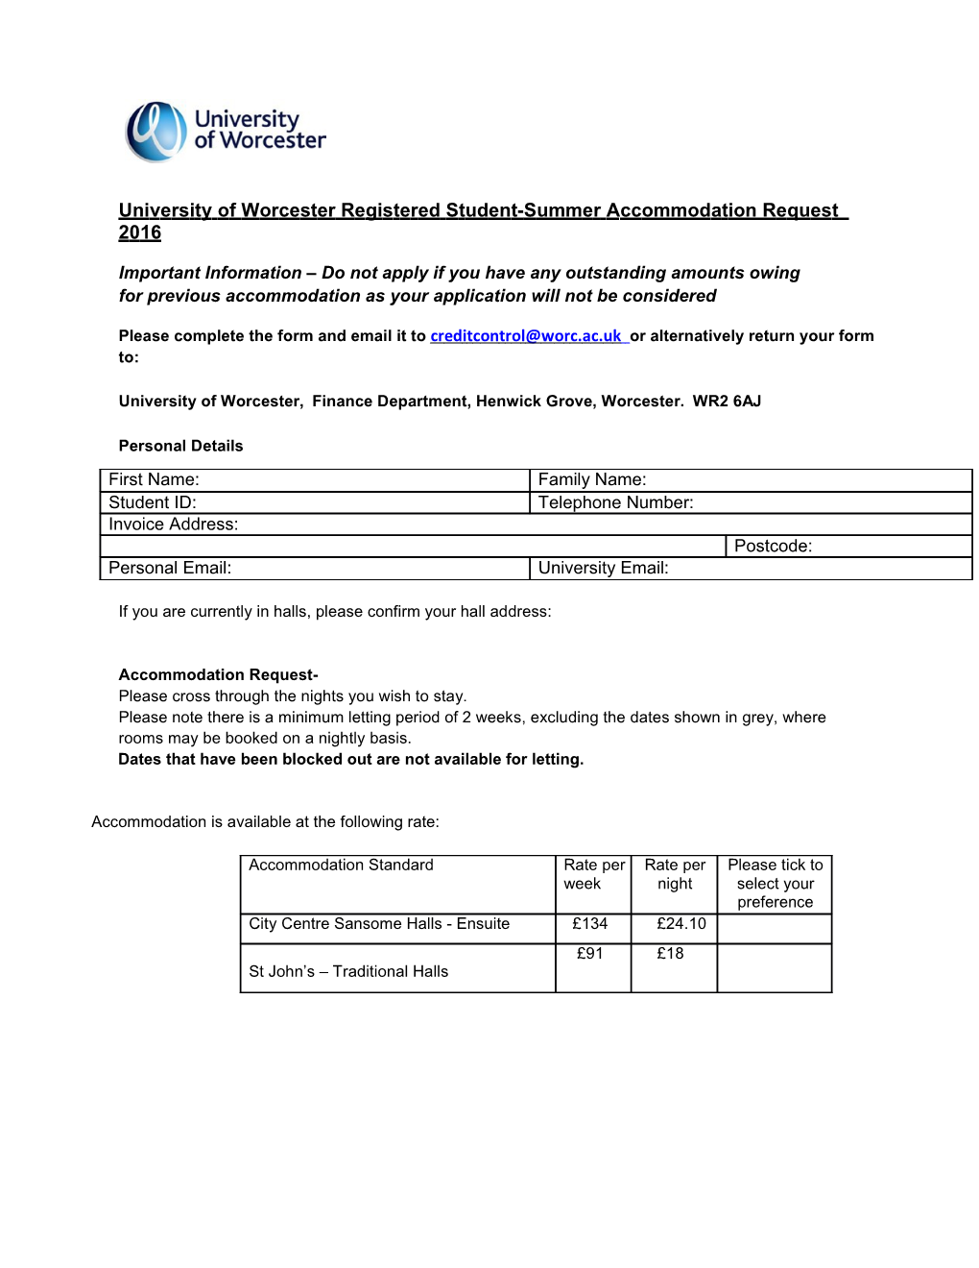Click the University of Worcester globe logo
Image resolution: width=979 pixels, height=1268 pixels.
pyautogui.click(x=156, y=132)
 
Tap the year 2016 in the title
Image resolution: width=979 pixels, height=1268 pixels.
pyautogui.click(x=140, y=232)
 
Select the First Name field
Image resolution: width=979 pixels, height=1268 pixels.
pyautogui.click(x=365, y=480)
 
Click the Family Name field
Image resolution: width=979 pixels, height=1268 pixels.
pyautogui.click(x=806, y=480)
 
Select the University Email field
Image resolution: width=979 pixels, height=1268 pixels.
pyautogui.click(x=816, y=569)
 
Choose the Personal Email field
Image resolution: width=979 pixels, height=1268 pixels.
pyautogui.click(x=374, y=569)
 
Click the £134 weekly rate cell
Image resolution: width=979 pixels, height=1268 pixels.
pyautogui.click(x=590, y=924)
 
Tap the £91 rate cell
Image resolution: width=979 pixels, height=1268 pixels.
pyautogui.click(x=590, y=954)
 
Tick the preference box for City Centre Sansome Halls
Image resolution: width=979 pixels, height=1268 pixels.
pyautogui.click(x=775, y=929)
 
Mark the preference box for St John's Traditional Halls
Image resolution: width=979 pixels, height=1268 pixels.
pyautogui.click(x=775, y=968)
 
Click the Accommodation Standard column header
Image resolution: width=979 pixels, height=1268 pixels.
pyautogui.click(x=341, y=866)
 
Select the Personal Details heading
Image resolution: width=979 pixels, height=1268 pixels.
pyautogui.click(x=180, y=446)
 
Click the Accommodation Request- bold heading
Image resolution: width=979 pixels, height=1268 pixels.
pyautogui.click(x=218, y=675)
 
